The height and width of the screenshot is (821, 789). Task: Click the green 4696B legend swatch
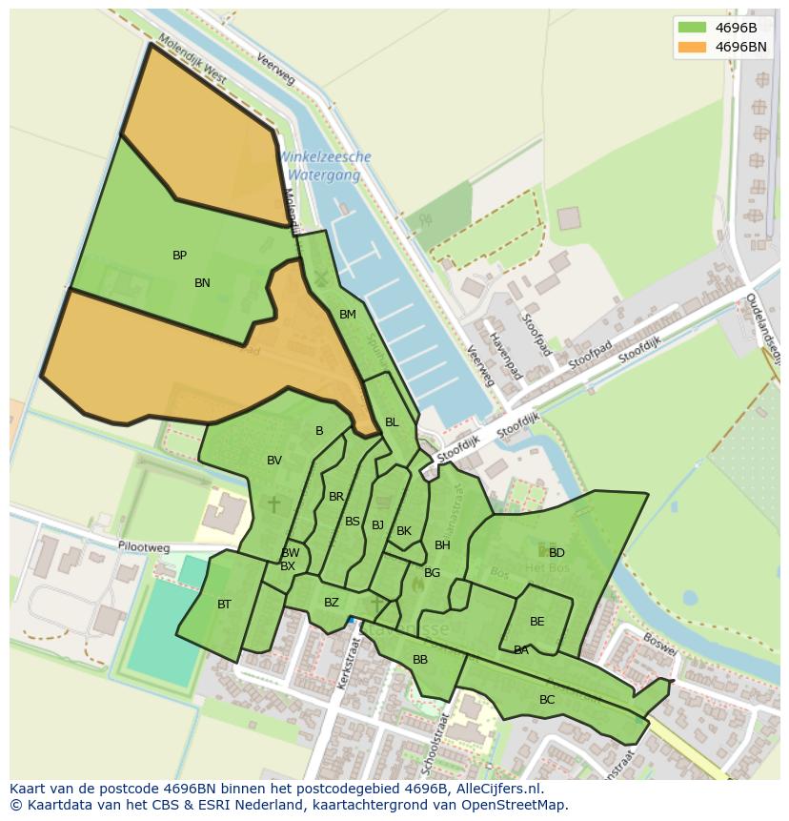[x=692, y=28]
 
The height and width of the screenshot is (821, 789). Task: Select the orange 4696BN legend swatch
[x=692, y=47]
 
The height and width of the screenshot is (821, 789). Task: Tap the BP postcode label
[x=179, y=256]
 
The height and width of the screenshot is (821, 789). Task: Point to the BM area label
[x=348, y=315]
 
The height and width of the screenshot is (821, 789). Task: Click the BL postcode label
[x=392, y=422]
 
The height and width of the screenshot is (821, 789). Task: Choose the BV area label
[x=274, y=461]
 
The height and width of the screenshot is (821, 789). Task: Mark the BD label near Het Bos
[x=556, y=553]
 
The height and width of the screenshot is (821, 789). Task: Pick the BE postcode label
[x=537, y=622]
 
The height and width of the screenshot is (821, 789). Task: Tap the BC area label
[x=547, y=700]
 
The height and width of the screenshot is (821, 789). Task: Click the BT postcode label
[x=224, y=605]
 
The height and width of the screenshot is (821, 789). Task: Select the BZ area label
[x=332, y=603]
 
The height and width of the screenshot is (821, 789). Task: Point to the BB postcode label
[x=420, y=660]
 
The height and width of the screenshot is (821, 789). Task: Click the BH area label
[x=442, y=545]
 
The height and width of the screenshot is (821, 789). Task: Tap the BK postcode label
[x=404, y=531]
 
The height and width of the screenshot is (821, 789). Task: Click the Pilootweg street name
[x=144, y=548]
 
